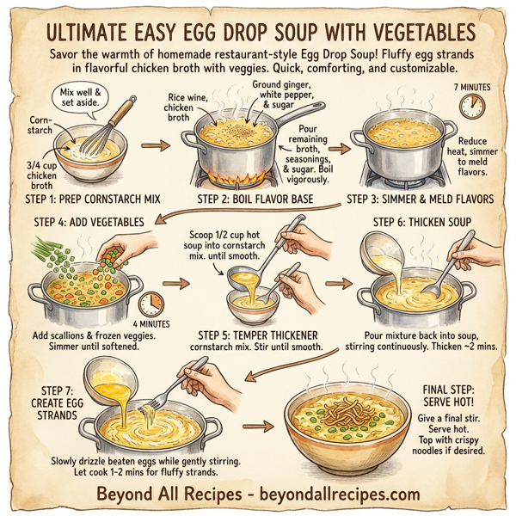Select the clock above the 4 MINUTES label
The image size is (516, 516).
pyautogui.click(x=150, y=303)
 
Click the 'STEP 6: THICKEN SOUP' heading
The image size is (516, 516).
pyautogui.click(x=422, y=223)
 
